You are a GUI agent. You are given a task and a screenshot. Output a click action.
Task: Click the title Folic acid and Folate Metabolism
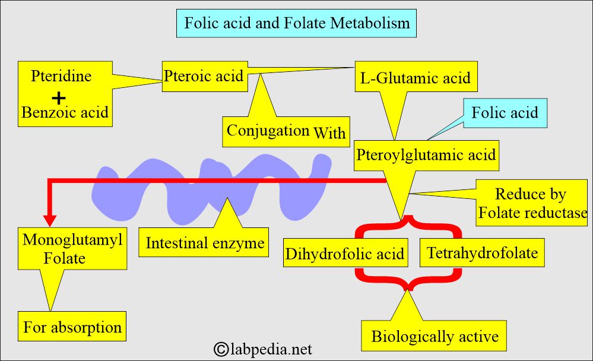coord(297,23)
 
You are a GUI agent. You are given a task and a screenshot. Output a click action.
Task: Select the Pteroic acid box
coord(204,76)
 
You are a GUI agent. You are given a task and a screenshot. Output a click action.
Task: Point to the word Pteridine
coord(62,77)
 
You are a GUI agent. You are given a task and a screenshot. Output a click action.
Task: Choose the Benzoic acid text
coord(65,112)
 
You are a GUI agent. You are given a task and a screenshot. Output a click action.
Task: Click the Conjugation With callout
coord(286,131)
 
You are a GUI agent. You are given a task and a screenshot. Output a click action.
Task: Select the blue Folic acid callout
coord(504,112)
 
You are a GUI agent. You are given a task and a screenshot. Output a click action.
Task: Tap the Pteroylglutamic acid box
coord(426,154)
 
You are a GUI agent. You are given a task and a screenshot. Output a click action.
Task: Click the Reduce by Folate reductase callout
coord(531,203)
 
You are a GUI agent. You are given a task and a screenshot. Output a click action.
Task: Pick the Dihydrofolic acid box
coord(345,254)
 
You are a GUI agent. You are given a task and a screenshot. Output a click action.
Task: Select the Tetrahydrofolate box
coord(482,253)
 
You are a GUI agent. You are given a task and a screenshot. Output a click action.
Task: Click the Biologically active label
coord(435,337)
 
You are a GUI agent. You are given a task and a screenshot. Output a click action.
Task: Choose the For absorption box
coord(72,327)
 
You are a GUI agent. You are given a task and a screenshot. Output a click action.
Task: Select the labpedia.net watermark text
coord(271,349)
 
